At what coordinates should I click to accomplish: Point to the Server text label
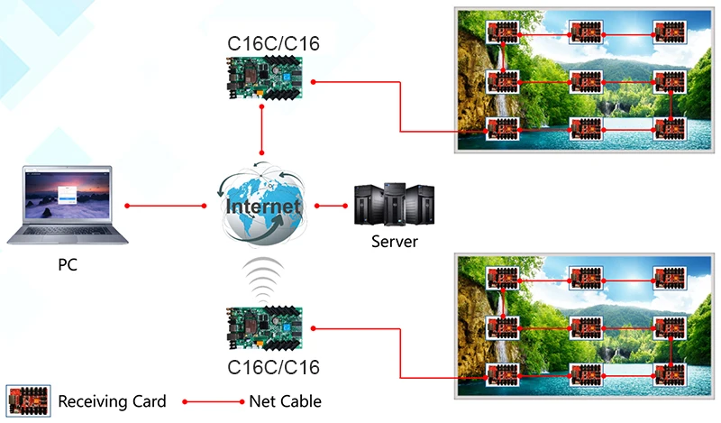(x=395, y=243)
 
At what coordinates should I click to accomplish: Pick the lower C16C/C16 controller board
(x=264, y=329)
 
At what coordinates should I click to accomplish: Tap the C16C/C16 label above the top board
(x=261, y=43)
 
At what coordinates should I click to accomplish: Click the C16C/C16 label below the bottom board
(x=261, y=368)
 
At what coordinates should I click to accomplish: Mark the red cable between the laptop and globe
(x=166, y=207)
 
